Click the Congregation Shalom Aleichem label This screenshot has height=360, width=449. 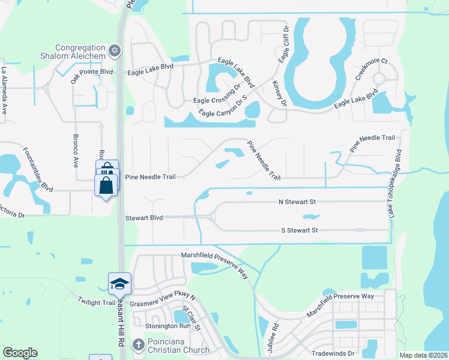tap(80, 52)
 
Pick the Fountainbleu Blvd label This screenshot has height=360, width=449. tap(37, 170)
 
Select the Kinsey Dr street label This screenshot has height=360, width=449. tap(280, 94)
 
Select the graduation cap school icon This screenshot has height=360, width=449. tap(119, 282)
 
